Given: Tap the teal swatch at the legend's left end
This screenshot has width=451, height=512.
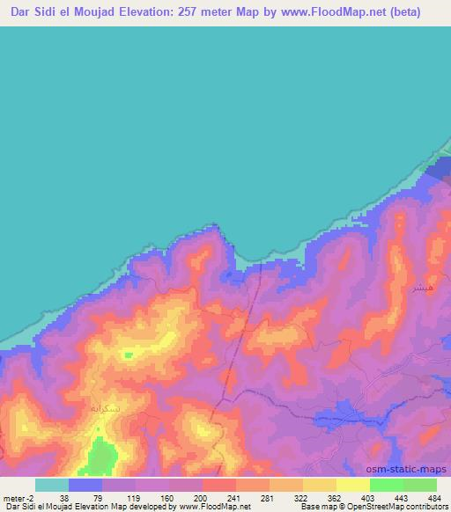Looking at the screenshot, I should coord(52,485).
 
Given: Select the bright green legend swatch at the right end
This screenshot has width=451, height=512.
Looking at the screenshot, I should coord(420,485).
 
